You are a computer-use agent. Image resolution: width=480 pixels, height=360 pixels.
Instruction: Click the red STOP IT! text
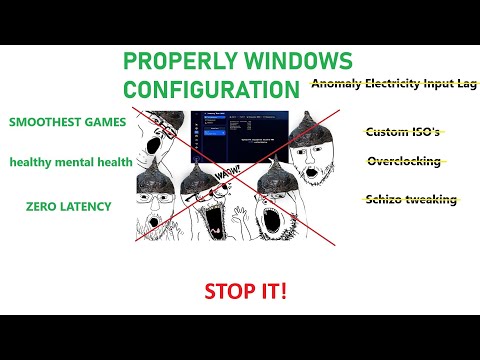pyautogui.click(x=245, y=292)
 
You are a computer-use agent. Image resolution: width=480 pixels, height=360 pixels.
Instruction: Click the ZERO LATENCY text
pyautogui.click(x=69, y=206)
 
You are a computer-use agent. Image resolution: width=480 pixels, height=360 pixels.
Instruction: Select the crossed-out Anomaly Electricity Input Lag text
pyautogui.click(x=394, y=85)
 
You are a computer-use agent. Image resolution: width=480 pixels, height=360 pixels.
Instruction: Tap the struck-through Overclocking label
pyautogui.click(x=403, y=161)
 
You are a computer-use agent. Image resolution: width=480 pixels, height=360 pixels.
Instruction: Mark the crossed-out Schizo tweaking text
pyautogui.click(x=411, y=199)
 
